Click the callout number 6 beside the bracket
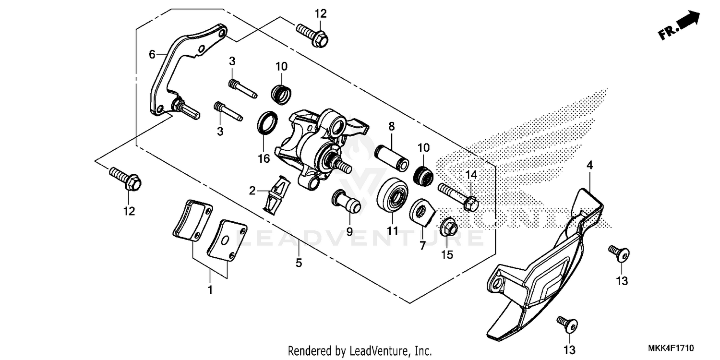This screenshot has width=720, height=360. coord(152,55)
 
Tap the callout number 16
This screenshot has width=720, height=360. coord(264,159)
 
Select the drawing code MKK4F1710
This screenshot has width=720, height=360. coord(672,348)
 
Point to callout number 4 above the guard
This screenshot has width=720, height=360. coord(589,165)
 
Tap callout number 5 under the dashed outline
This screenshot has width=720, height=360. coord(299,263)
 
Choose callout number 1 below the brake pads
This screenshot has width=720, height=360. coord(210,290)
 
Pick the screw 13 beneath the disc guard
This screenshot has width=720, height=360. coord(567,324)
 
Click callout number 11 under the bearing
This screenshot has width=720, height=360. coord(393,231)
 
